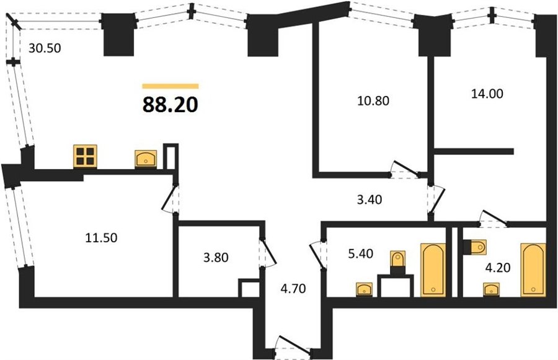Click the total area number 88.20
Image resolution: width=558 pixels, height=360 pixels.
170,105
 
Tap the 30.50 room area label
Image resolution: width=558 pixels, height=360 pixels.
45,48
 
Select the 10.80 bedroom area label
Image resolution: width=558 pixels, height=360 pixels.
373,100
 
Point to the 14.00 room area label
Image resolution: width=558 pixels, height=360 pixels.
487,94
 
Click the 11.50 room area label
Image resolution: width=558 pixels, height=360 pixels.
101,238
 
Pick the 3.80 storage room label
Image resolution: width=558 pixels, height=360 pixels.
216,257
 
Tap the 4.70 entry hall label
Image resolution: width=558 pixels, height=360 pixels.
293,289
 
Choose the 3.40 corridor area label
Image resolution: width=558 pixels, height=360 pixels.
370,200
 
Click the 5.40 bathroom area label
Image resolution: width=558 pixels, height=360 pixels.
360,253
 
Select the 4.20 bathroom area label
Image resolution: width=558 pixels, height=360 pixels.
498,267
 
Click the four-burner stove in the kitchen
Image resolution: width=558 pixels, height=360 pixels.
85,157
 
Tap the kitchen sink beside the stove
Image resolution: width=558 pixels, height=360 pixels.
146,159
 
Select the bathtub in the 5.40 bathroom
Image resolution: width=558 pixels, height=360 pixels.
433,270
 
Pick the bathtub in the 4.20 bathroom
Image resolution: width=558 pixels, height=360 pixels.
533,270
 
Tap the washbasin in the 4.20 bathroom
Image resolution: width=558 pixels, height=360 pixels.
491,289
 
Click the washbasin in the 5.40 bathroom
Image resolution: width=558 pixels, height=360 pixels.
364,289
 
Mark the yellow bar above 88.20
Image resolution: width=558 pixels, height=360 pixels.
170,86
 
